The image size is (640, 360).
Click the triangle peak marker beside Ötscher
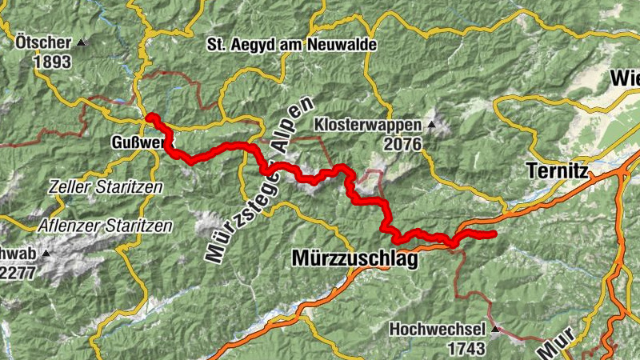(x=82, y=42)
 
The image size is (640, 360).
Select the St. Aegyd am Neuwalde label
(x=291, y=45)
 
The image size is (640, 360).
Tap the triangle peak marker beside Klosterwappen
(x=432, y=124)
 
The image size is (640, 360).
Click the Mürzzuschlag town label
(x=355, y=259)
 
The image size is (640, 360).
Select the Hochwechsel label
(x=438, y=329)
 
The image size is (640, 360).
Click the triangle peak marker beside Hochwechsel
(x=496, y=329)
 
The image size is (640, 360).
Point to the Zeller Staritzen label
(x=106, y=186)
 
